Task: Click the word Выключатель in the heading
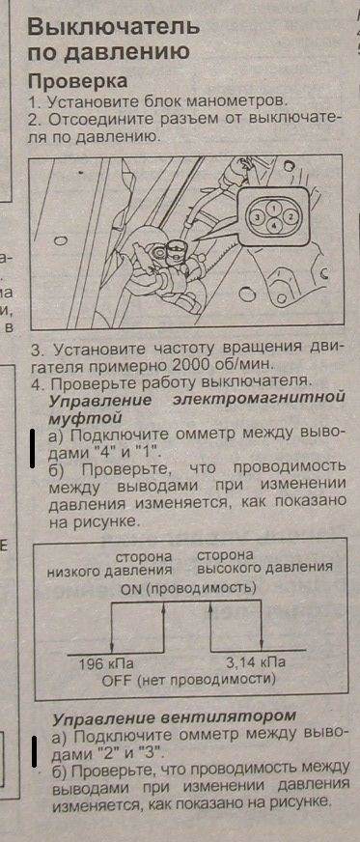point(113,26)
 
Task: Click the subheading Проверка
point(78,80)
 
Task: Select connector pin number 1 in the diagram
point(274,207)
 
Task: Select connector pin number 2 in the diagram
point(291,217)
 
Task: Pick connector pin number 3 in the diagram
point(258,217)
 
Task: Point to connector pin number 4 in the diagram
point(274,226)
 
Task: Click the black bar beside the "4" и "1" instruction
point(33,448)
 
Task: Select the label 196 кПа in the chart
point(106,662)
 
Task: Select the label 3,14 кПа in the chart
point(256,662)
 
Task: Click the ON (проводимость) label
point(188,589)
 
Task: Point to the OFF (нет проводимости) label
point(188,681)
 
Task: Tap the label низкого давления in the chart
point(109,570)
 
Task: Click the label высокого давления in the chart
point(264,567)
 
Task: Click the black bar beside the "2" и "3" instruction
point(33,750)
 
